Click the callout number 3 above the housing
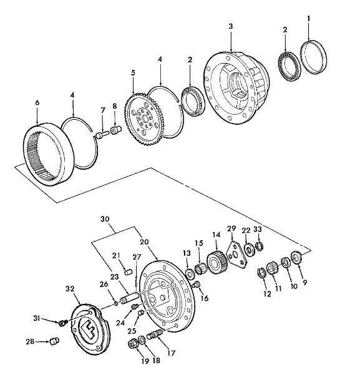pos(230,26)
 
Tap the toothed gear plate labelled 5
pos(144,119)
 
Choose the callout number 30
pos(105,219)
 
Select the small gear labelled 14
pos(217,263)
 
